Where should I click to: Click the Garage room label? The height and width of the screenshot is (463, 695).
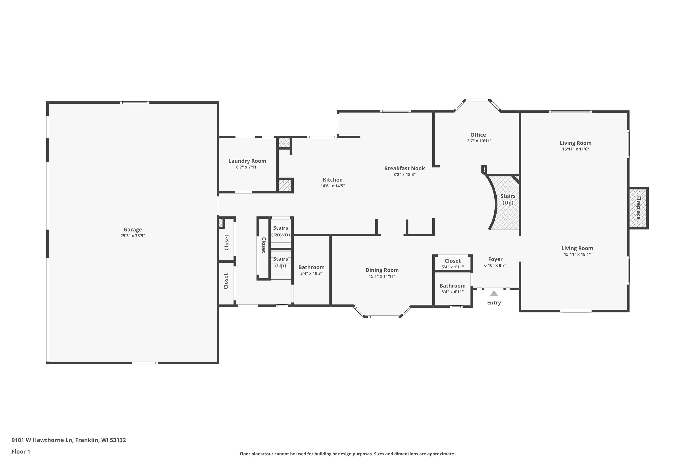click(133, 229)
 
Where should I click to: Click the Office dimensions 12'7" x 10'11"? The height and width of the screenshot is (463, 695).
click(478, 141)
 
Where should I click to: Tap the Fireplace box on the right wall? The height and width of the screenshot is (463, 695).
click(638, 208)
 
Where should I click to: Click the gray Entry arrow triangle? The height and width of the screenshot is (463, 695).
click(494, 293)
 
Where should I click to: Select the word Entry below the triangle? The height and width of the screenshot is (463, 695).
click(494, 303)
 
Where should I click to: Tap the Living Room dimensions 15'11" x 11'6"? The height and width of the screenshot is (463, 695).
click(576, 149)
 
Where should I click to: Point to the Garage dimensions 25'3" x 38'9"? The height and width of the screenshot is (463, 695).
click(133, 236)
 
